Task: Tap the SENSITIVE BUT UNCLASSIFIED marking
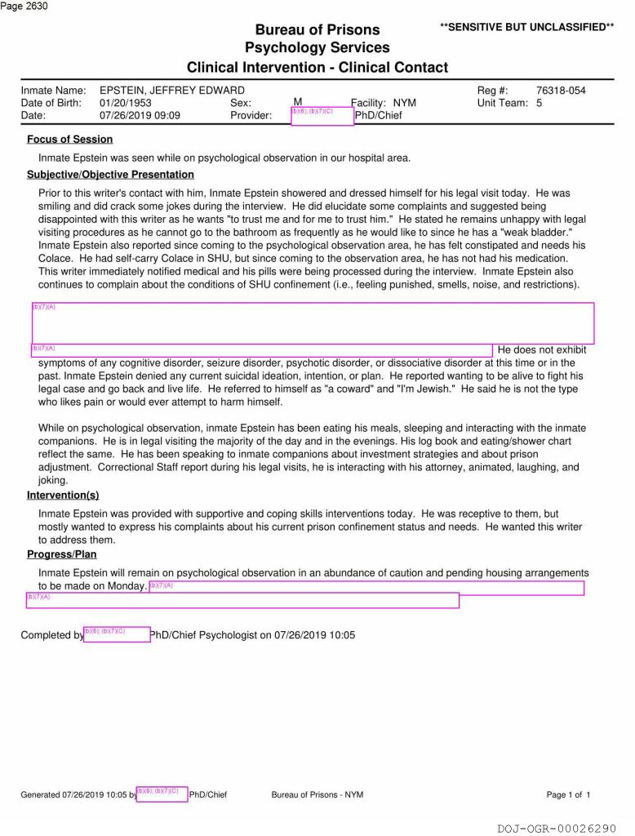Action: pyautogui.click(x=526, y=27)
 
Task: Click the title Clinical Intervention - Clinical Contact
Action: pyautogui.click(x=317, y=67)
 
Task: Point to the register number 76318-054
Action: pyautogui.click(x=561, y=91)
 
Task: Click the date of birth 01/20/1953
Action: pyautogui.click(x=125, y=103)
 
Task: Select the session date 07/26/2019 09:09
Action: pyautogui.click(x=140, y=116)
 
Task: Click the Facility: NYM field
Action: pyautogui.click(x=383, y=104)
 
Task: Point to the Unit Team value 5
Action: pyautogui.click(x=539, y=103)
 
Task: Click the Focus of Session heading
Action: pyautogui.click(x=69, y=140)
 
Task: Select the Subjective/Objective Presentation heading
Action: pyautogui.click(x=110, y=175)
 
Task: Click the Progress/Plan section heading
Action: pyautogui.click(x=61, y=554)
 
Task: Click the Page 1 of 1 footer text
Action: pyautogui.click(x=568, y=794)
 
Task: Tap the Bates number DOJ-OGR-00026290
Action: pyautogui.click(x=557, y=828)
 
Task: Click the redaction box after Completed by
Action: pyautogui.click(x=117, y=634)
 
